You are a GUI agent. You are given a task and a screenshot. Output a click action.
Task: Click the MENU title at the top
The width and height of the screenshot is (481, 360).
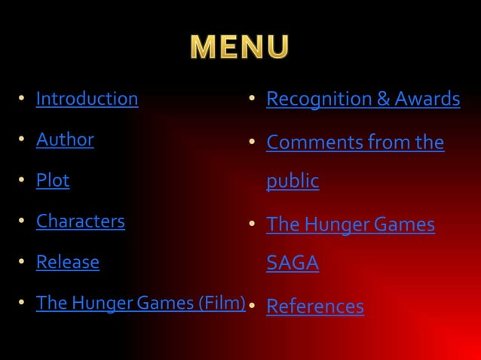[x=240, y=47]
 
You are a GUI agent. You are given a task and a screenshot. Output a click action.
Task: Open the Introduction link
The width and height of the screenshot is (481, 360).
[x=87, y=99]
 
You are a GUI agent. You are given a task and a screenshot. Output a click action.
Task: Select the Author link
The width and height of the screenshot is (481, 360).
[x=65, y=139]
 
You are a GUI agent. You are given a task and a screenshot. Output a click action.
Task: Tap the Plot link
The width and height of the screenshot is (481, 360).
[x=53, y=181]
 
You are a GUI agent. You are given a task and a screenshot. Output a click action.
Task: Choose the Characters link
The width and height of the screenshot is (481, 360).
[x=81, y=221]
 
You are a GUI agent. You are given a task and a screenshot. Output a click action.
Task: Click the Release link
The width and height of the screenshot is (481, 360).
[x=68, y=262]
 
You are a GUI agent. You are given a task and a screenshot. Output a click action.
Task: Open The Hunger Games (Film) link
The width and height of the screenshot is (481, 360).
[x=141, y=303]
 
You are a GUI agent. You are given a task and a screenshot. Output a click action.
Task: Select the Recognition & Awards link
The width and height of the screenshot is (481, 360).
[x=363, y=99]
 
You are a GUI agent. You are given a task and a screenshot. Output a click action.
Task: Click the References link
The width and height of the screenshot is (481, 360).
[x=315, y=307]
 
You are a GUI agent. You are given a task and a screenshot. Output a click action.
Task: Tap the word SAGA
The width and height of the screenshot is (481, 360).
[x=293, y=264]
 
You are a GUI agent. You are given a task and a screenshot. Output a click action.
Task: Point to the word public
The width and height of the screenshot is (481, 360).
[x=293, y=182]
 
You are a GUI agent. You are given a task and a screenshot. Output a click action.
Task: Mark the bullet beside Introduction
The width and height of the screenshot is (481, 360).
[x=23, y=99]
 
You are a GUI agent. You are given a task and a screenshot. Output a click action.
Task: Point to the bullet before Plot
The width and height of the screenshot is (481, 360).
[x=23, y=182]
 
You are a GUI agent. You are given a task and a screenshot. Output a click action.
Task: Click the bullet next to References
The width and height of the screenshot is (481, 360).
[x=253, y=307]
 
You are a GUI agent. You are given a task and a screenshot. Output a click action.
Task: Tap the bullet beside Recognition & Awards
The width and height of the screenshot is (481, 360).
[x=253, y=99]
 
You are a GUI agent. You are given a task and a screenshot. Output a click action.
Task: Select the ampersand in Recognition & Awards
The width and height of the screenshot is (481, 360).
[x=383, y=99]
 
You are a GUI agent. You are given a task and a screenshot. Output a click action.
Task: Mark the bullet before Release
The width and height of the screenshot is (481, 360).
[x=23, y=263]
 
